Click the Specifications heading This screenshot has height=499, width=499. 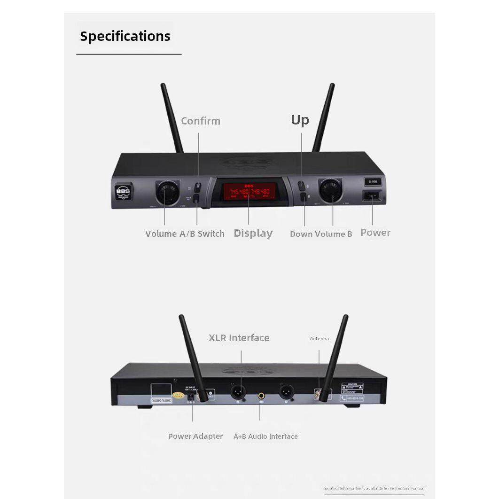(125, 36)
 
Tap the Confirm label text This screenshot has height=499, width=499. (201, 121)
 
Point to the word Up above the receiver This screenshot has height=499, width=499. (300, 120)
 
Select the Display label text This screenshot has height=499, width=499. (253, 233)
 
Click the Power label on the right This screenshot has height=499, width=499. (375, 232)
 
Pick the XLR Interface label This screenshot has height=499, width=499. (239, 338)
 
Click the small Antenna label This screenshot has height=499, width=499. (319, 338)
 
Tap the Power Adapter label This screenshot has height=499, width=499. (195, 436)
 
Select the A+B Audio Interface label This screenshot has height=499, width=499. (265, 437)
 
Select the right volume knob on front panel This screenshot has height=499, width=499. (331, 190)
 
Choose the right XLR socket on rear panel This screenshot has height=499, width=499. (286, 391)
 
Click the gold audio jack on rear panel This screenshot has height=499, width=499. (261, 397)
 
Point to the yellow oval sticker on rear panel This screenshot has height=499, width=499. (179, 396)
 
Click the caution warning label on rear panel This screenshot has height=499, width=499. (352, 388)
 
